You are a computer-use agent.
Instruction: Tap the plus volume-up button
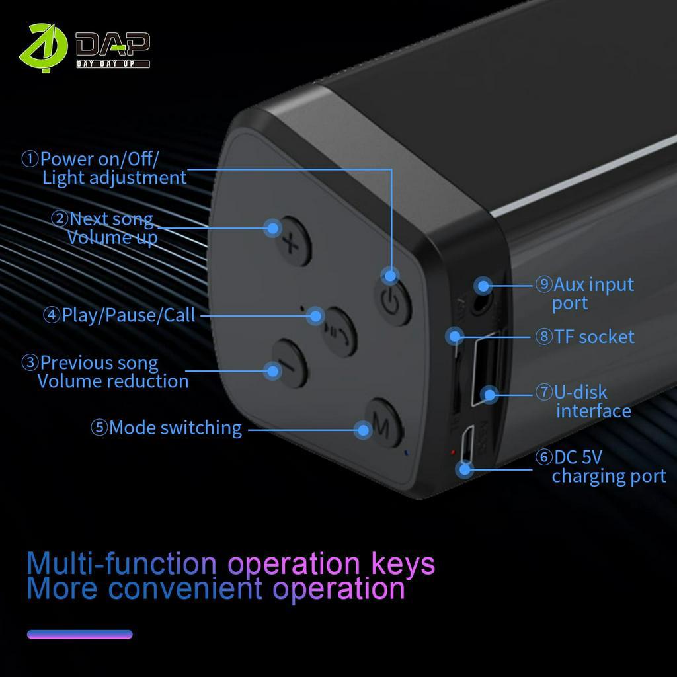coord(290,241)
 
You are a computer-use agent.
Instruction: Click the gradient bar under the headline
coord(79,635)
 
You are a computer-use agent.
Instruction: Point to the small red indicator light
coord(452,452)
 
